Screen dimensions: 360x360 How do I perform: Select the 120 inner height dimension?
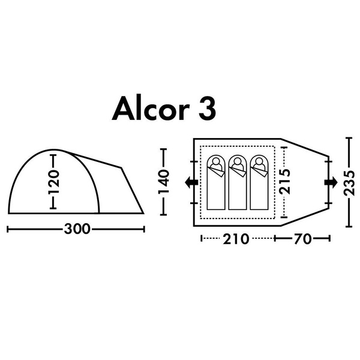click(x=53, y=181)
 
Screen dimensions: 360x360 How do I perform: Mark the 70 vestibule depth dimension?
click(x=302, y=239)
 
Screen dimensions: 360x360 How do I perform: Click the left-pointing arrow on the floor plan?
click(x=191, y=182)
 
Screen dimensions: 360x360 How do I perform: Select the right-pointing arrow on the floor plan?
click(x=330, y=182)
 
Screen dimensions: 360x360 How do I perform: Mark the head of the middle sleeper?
click(x=238, y=162)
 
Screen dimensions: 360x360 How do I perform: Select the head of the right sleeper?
click(x=259, y=162)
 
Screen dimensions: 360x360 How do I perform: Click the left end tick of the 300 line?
click(x=7, y=229)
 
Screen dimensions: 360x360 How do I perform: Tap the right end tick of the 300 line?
click(x=145, y=229)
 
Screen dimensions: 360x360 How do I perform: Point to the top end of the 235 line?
click(x=350, y=139)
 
